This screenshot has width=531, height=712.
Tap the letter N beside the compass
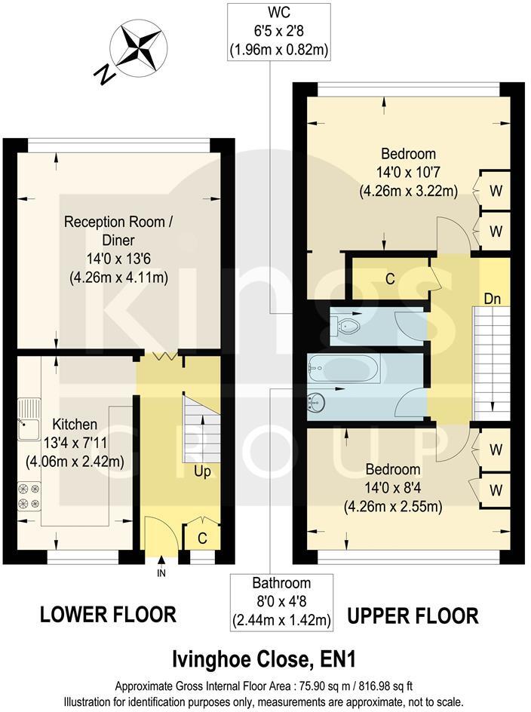coord(103,72)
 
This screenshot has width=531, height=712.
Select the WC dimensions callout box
coord(281,31)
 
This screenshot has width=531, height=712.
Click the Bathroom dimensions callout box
coord(281,602)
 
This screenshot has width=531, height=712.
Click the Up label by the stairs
coord(201,471)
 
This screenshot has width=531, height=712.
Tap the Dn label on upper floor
coord(492,299)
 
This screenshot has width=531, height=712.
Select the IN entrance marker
coord(161,572)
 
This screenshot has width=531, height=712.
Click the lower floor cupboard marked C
coord(203,539)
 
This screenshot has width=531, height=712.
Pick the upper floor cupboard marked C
coord(390,278)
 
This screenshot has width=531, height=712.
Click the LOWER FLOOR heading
coord(108,615)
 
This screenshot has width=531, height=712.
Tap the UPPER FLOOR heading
coord(413,615)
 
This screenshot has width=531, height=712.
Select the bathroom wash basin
coord(318,400)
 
